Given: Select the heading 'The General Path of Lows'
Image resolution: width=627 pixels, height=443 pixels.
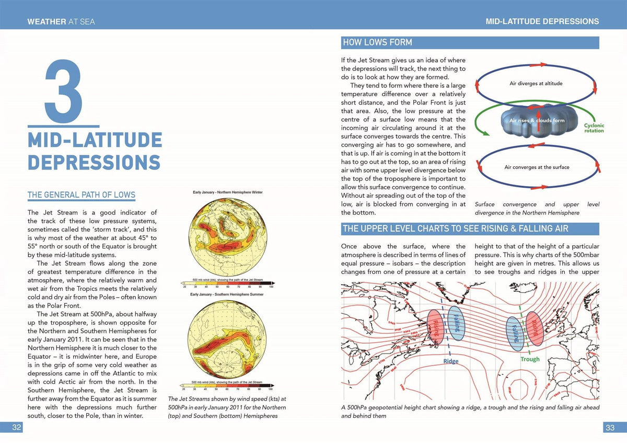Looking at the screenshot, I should (x=81, y=195).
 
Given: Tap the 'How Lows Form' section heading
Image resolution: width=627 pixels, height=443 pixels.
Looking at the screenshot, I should (x=377, y=42).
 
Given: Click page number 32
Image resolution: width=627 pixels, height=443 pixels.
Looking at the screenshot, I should (x=17, y=427).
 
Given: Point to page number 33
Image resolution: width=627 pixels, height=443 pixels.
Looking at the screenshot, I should (x=610, y=427).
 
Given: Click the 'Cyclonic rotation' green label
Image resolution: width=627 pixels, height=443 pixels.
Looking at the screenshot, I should (x=594, y=128).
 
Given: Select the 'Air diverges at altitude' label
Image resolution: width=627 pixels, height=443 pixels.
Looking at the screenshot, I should (x=536, y=84).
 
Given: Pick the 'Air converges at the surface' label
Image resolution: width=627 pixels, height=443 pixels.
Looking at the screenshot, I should (x=537, y=167).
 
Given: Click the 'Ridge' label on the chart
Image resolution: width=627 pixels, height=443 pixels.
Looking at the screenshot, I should (x=451, y=361).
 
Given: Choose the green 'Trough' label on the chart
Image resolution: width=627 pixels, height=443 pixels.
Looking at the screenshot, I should (x=530, y=359).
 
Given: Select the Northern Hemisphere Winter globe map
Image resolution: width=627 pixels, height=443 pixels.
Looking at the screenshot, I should (x=228, y=237).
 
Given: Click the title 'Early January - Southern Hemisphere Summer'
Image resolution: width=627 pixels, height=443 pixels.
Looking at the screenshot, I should (x=228, y=294).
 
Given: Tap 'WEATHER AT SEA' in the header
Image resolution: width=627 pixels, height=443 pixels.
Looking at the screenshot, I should (x=61, y=22).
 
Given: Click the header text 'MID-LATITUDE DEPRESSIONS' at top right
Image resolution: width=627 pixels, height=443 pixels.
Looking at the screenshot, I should (x=542, y=22).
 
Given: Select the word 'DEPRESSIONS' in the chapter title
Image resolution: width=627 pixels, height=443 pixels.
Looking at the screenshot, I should (x=94, y=162).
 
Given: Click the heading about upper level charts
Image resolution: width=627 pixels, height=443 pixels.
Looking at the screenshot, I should (x=455, y=229).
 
